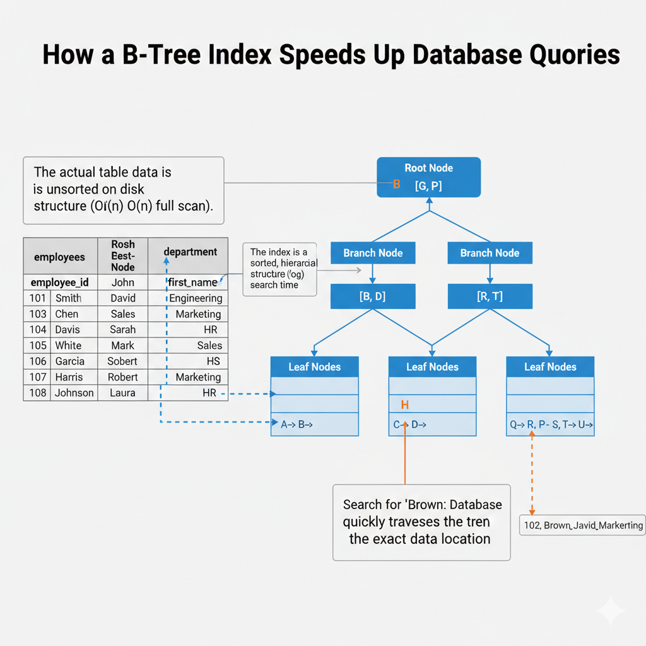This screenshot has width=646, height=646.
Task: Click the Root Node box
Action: [x=429, y=177]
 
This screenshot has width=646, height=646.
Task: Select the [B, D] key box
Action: [x=373, y=297]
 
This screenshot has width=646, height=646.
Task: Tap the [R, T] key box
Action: [x=490, y=297]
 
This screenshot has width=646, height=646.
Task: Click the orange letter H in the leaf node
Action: [x=405, y=404]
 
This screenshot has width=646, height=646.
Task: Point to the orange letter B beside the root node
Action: [x=397, y=185]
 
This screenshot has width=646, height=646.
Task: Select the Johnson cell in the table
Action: [x=74, y=393]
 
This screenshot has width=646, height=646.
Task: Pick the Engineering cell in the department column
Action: [x=196, y=298]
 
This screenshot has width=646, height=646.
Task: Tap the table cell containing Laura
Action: [x=123, y=393]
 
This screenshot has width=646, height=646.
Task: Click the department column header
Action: [x=190, y=252]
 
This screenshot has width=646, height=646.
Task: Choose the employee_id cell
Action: [x=60, y=283]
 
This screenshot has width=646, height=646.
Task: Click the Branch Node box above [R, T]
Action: [x=490, y=253]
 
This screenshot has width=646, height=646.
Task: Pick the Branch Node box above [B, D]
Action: [x=373, y=253]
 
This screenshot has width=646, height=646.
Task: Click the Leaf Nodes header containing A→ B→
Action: [x=315, y=367]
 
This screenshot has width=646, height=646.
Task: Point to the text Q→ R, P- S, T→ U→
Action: [x=551, y=425]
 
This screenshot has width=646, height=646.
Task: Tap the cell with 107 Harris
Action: [x=61, y=377]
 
